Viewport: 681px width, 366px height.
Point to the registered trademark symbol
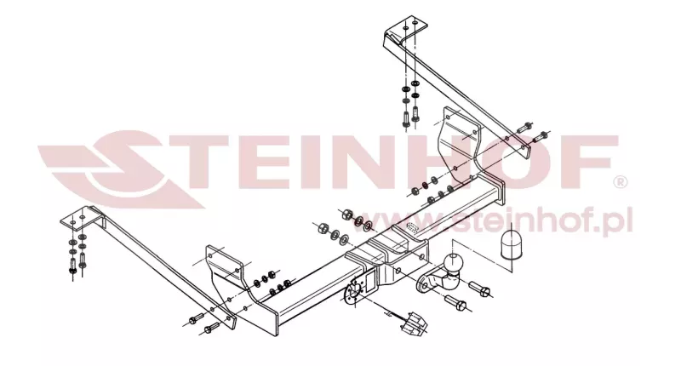621,182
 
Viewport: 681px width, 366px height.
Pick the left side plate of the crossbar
224,265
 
